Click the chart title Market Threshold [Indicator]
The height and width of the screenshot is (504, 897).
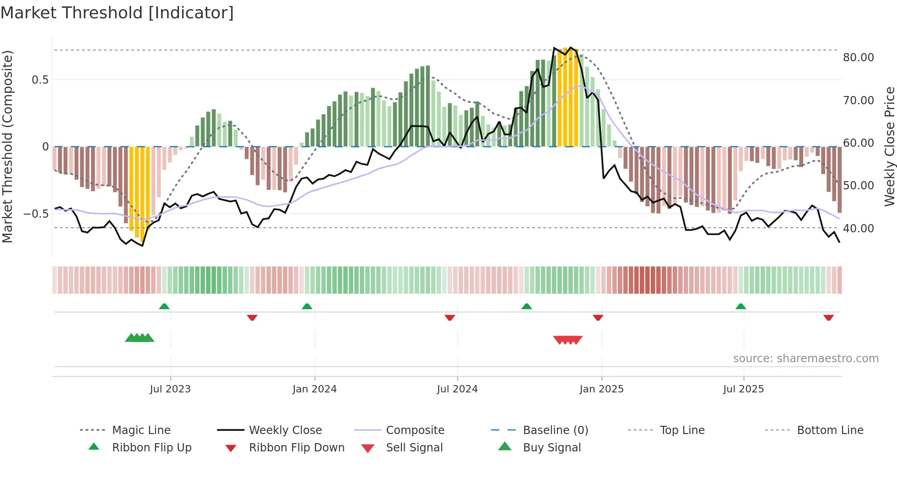click(117, 13)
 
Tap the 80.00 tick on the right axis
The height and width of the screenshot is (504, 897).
click(858, 58)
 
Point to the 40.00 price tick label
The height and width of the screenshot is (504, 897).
click(858, 228)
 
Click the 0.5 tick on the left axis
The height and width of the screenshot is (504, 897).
click(40, 80)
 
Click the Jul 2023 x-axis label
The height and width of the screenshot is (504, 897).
click(170, 389)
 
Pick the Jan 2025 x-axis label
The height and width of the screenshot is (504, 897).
click(601, 389)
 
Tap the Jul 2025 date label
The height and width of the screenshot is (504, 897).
click(743, 389)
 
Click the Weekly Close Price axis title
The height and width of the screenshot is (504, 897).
click(889, 146)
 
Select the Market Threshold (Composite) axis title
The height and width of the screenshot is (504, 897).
click(7, 146)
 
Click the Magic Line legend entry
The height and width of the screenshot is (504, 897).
click(141, 430)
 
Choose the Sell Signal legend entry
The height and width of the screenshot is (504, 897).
click(414, 448)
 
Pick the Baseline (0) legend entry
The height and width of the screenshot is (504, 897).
click(555, 430)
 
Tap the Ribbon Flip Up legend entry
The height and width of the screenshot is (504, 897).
click(151, 448)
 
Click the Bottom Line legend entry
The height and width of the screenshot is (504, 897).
click(830, 430)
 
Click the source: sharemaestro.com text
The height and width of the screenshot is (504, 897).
click(805, 359)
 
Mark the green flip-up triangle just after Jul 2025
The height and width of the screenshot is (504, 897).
click(740, 306)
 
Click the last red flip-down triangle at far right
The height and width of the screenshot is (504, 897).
click(828, 317)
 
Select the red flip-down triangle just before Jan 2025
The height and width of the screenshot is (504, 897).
click(598, 317)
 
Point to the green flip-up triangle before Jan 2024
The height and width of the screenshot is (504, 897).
click(307, 306)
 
